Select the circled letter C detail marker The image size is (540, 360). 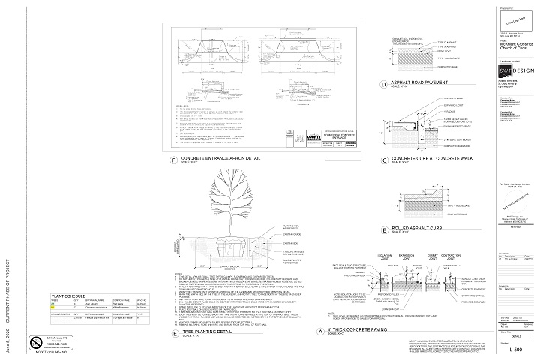(383, 160)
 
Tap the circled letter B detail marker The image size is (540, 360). (383, 228)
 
